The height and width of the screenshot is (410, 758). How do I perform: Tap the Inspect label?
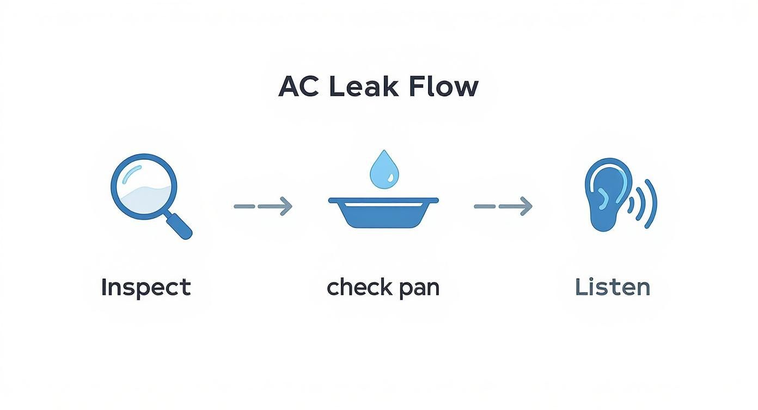(x=146, y=287)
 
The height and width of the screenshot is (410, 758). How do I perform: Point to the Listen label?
(x=613, y=287)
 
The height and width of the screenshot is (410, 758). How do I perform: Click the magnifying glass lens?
(x=143, y=188)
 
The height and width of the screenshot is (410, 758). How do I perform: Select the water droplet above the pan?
(x=383, y=168)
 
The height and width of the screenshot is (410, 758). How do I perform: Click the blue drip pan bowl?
(x=383, y=216)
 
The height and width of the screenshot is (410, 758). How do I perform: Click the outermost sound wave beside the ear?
(x=651, y=203)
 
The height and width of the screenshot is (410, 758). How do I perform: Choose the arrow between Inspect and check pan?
(x=263, y=206)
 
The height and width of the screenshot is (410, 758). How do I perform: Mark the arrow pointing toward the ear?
(x=503, y=206)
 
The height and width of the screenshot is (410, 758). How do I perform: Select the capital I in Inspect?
(x=104, y=287)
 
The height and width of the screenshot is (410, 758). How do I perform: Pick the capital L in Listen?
(x=580, y=287)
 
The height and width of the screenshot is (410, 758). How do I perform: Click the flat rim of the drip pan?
(x=383, y=200)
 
